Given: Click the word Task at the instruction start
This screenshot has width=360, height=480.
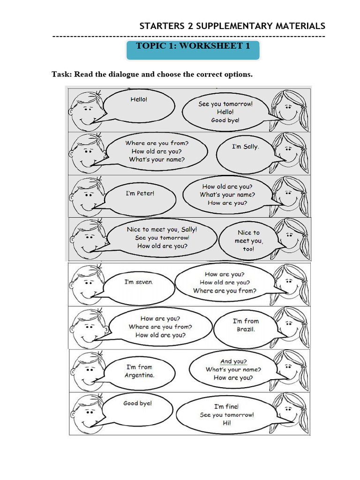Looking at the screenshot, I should pos(61,74).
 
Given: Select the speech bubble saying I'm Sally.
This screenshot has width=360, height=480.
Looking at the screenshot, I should pos(245,147).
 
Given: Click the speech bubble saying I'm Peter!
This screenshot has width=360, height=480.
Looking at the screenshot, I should pos(140,194).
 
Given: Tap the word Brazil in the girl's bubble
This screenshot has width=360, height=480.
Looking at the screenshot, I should pos(246,330).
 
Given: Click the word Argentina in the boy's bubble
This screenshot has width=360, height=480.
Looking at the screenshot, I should pos(139,375).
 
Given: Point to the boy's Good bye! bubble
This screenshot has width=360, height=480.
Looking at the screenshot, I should pos(138,404).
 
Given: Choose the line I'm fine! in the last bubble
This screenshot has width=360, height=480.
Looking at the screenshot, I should pos(226,406).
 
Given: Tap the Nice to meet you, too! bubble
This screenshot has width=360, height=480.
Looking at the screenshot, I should pos(248,241).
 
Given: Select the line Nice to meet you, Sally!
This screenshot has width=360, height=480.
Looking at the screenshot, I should pos(162,229).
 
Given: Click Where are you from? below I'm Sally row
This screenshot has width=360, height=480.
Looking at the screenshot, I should pos(156,142).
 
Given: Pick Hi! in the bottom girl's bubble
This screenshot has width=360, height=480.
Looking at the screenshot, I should pos(227,423).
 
